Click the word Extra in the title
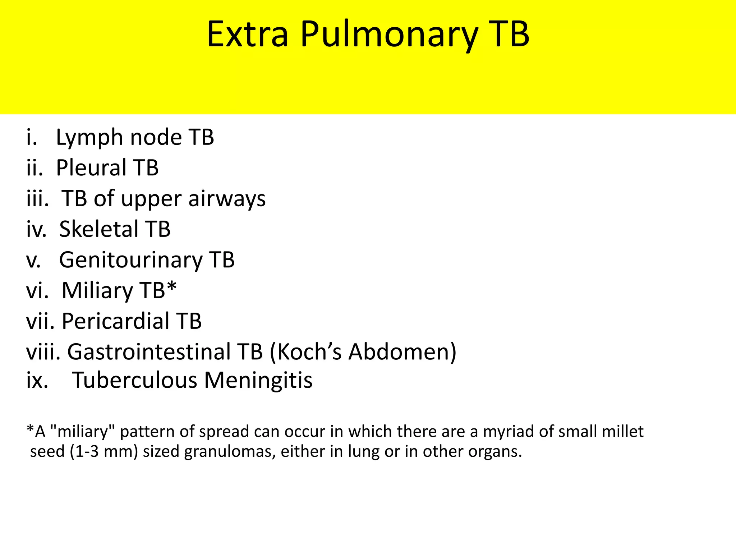tap(247, 34)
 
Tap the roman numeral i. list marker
tap(32, 137)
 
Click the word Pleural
tap(91, 168)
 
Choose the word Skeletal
tap(98, 229)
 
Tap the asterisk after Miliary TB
tap(172, 287)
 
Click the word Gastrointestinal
tap(149, 352)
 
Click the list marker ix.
tap(37, 380)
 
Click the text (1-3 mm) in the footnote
tap(104, 451)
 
